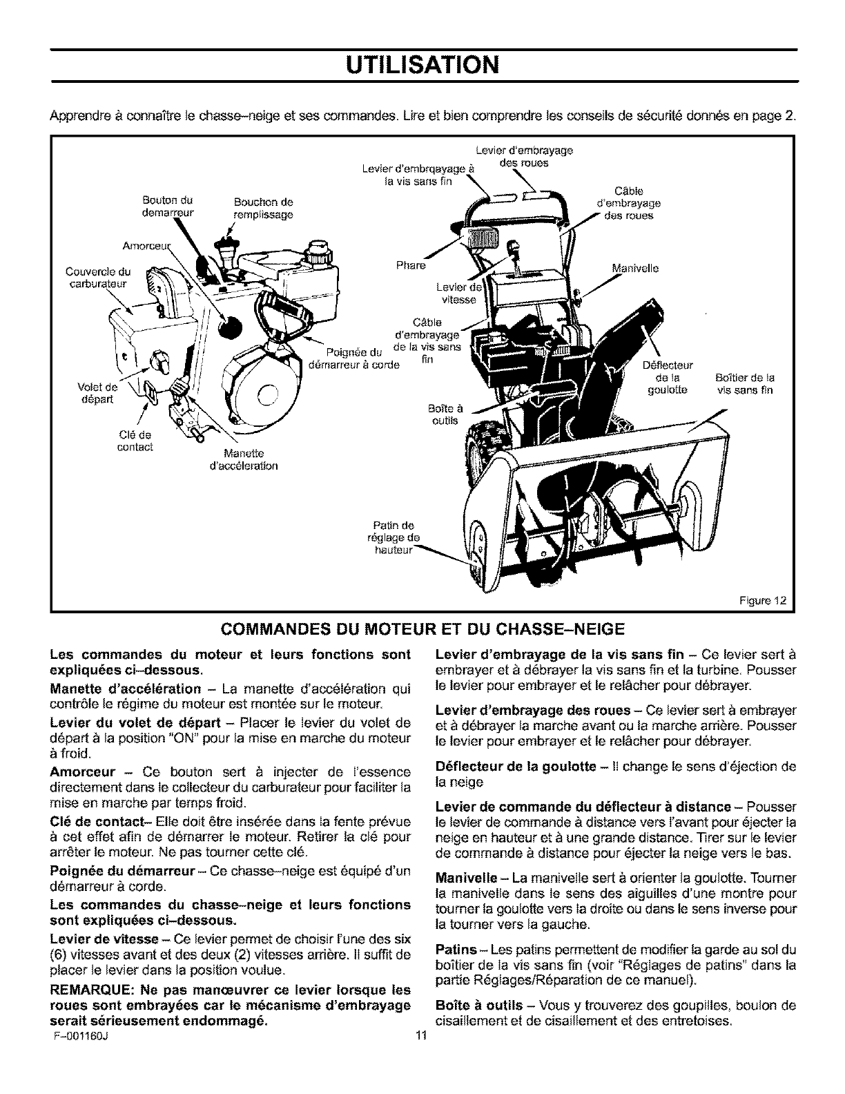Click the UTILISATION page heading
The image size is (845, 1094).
click(422, 65)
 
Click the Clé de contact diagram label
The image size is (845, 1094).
click(135, 441)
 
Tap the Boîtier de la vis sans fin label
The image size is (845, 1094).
click(742, 383)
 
